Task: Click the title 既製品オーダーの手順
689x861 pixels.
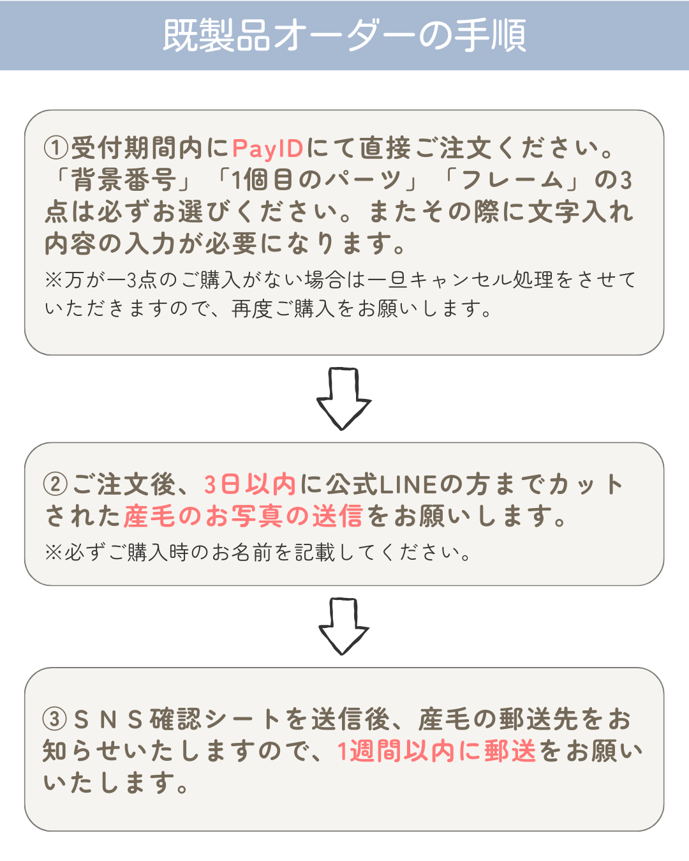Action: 344,35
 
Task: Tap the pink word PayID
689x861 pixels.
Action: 267,149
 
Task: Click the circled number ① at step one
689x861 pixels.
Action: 56,147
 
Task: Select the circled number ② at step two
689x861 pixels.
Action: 56,484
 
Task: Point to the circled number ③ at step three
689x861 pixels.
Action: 55,719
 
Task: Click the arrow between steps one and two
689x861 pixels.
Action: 343,398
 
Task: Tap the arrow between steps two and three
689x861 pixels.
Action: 343,627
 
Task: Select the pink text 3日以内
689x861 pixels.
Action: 250,484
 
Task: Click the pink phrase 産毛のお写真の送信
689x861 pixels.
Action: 243,516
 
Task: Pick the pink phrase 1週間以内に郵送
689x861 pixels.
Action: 436,751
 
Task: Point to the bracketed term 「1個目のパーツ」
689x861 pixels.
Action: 318,179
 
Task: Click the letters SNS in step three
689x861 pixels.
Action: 108,719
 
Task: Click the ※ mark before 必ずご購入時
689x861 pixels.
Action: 54,553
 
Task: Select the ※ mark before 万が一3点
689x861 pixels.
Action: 54,280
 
